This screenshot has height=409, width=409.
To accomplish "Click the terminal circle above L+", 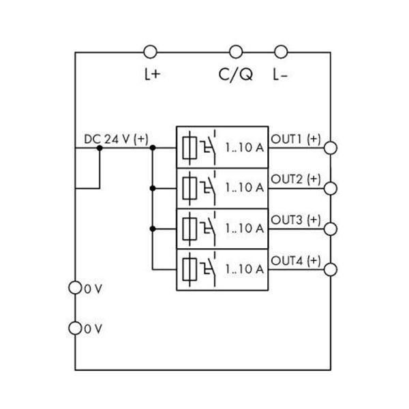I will pos(151,52).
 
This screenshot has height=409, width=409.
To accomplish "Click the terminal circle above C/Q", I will pos(236,52).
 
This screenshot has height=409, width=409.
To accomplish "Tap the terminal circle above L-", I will pos(280,52).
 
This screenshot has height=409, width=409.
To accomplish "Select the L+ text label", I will pos(151,75).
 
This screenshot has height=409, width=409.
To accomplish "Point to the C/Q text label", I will pos(236,75).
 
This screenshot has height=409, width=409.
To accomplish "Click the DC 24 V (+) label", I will pos(115,138).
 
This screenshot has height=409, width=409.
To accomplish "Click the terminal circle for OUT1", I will pos(331,147).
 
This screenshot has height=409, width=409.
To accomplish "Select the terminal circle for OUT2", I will pos(331,187).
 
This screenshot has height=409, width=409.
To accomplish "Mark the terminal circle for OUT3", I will pos(331,228).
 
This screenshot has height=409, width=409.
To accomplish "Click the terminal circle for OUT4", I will pos(331,269).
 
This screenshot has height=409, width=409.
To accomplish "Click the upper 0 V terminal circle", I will pos(75,288).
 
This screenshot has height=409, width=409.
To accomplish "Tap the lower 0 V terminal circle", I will pos(75,329).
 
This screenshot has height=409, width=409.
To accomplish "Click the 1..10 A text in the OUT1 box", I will pos(244,147).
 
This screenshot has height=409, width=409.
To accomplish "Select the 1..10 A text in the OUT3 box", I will pos(244,228).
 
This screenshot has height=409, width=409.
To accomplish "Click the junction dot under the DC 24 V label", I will pos(100,147).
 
